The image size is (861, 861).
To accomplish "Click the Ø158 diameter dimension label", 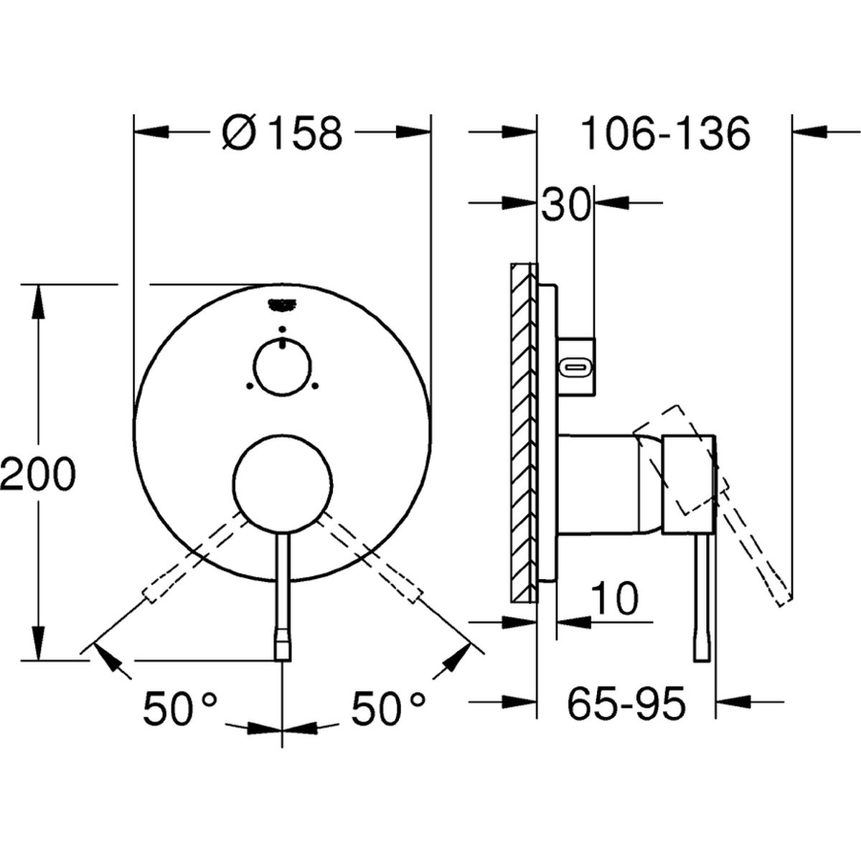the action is point(283,133).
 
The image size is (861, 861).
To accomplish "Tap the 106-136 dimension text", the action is point(664,133).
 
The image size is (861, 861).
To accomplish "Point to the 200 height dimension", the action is point(37,474).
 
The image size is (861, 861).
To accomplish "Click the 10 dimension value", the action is point(614,598).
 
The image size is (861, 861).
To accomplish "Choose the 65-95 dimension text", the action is point(626,704).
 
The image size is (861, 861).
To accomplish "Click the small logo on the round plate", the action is point(281,306).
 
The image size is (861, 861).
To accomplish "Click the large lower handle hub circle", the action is point(283,484).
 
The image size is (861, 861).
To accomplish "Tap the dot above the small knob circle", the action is point(281,329).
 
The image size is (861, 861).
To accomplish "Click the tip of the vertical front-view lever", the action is point(283,660).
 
